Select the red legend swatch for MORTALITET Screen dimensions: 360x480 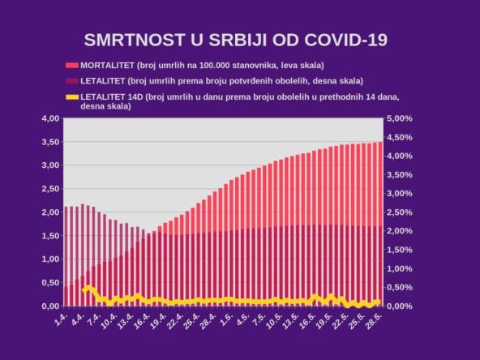pos(71,65)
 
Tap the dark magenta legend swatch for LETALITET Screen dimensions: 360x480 pos(71,81)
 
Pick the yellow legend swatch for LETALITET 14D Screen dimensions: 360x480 pos(71,97)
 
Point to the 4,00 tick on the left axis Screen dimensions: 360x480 pos(49,118)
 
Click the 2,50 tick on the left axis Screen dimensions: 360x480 pos(49,189)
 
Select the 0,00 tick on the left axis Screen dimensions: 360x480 pos(49,306)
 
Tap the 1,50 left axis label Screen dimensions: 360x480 pos(49,236)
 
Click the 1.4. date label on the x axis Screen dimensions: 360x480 pos(61,320)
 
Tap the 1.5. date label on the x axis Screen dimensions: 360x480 pos(227,320)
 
